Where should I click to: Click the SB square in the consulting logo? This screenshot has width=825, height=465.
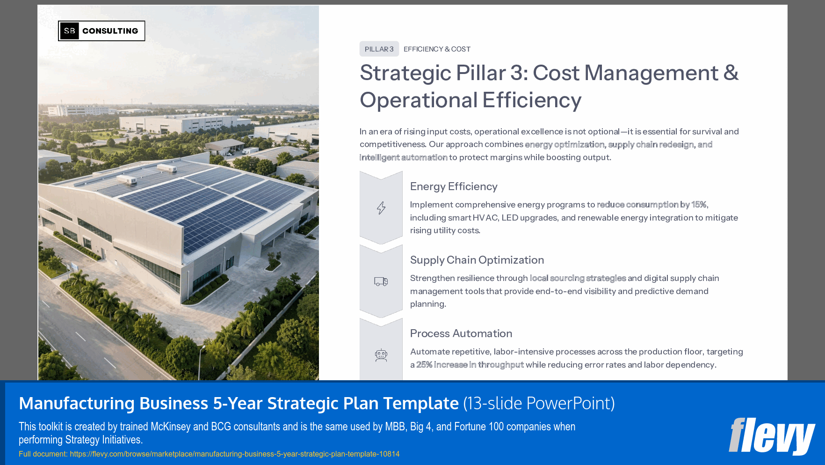coord(69,31)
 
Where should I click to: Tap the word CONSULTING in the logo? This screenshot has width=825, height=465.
coord(110,31)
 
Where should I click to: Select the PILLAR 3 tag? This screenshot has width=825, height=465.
coord(379,49)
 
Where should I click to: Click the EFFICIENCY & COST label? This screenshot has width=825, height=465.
coord(437,49)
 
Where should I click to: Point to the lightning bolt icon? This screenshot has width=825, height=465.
coord(381,208)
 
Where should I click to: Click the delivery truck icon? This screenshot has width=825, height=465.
coord(381,281)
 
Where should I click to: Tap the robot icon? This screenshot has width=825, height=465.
coord(381,355)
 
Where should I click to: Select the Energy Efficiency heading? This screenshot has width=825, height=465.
coord(454,186)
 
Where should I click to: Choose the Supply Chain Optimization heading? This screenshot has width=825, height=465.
coord(477,260)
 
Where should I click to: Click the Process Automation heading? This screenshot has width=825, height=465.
coord(461,333)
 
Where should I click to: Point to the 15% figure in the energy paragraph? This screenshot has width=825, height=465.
coord(699,205)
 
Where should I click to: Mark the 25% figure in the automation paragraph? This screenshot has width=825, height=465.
coord(424,365)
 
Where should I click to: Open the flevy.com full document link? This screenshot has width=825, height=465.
coord(234,454)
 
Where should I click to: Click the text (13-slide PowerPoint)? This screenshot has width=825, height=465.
coord(539,403)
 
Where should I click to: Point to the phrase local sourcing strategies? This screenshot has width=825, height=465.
coord(578,278)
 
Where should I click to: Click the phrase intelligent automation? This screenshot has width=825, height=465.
coord(403,157)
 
